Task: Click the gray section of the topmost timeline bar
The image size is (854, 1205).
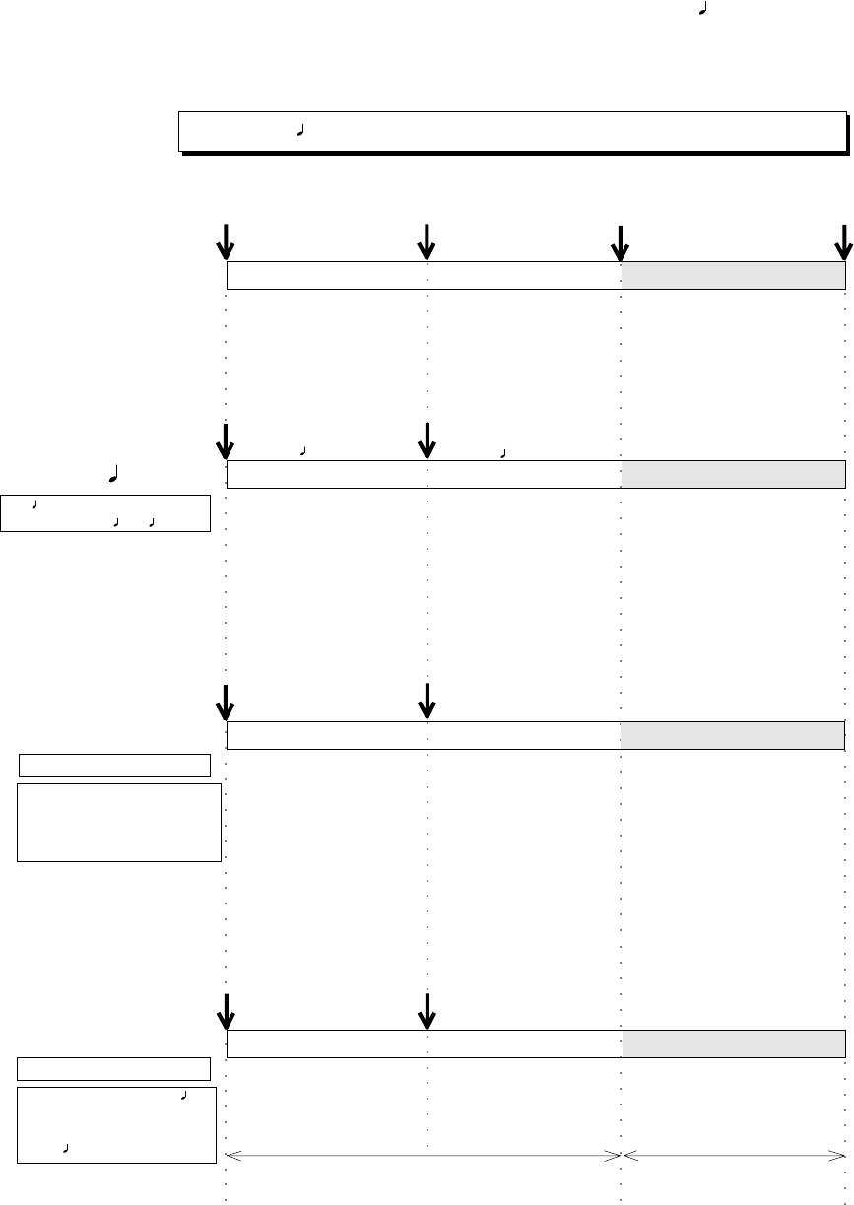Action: (x=733, y=276)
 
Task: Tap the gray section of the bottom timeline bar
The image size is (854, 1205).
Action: (x=733, y=1043)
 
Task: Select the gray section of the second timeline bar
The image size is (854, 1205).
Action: (x=733, y=474)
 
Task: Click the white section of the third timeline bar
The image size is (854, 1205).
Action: (x=424, y=735)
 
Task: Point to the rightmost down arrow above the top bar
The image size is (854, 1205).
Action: (x=844, y=240)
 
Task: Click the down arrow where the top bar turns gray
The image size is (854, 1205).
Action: (x=621, y=240)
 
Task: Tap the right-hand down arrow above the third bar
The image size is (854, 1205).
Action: (x=427, y=700)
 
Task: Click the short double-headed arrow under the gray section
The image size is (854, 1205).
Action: (x=734, y=1155)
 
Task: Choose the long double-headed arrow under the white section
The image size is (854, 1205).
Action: (x=424, y=1155)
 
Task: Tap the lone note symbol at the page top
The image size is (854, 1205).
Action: (x=702, y=12)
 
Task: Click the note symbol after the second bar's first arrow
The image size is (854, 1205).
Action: (x=303, y=450)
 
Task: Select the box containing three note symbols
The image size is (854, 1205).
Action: (x=105, y=513)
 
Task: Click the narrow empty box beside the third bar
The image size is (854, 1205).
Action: (x=115, y=765)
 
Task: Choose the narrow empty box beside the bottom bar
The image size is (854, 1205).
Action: (x=115, y=1068)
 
